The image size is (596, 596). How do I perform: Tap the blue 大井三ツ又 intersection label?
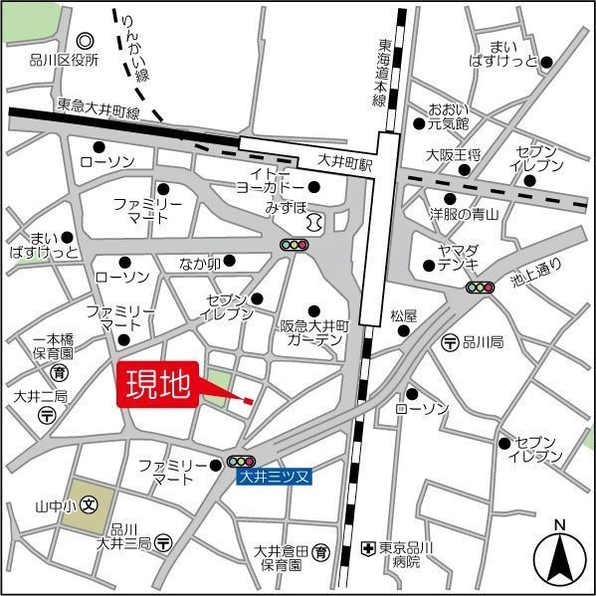click(275, 479)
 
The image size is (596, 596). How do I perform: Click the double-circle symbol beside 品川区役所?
click(85, 41)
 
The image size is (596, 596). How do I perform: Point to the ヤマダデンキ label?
click(459, 256)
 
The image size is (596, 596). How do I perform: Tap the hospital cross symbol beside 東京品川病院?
click(367, 548)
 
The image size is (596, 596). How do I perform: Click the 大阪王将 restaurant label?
click(454, 154)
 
